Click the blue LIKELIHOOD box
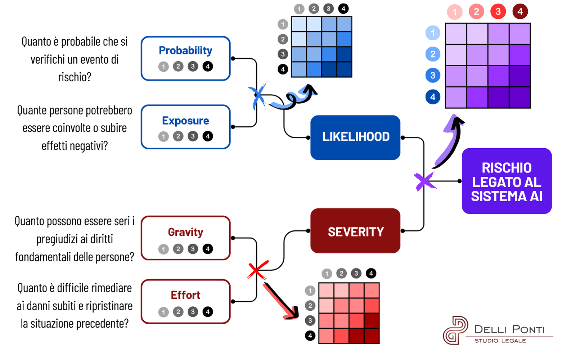click(x=355, y=137)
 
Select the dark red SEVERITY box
click(x=355, y=231)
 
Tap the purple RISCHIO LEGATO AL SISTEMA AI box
click(x=507, y=181)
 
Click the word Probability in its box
click(x=185, y=50)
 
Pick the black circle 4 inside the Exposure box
click(x=208, y=136)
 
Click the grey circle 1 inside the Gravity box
click(x=163, y=249)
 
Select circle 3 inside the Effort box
click(x=193, y=312)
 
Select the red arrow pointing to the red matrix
click(x=281, y=301)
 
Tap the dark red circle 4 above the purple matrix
click(x=520, y=12)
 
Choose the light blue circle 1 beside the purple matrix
click(x=433, y=33)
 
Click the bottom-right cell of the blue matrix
click(x=344, y=69)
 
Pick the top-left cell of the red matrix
click(x=327, y=291)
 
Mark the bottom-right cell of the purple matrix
click(x=519, y=97)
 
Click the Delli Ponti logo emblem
click(x=455, y=330)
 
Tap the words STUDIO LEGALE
click(x=500, y=341)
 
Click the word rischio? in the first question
click(x=75, y=77)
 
